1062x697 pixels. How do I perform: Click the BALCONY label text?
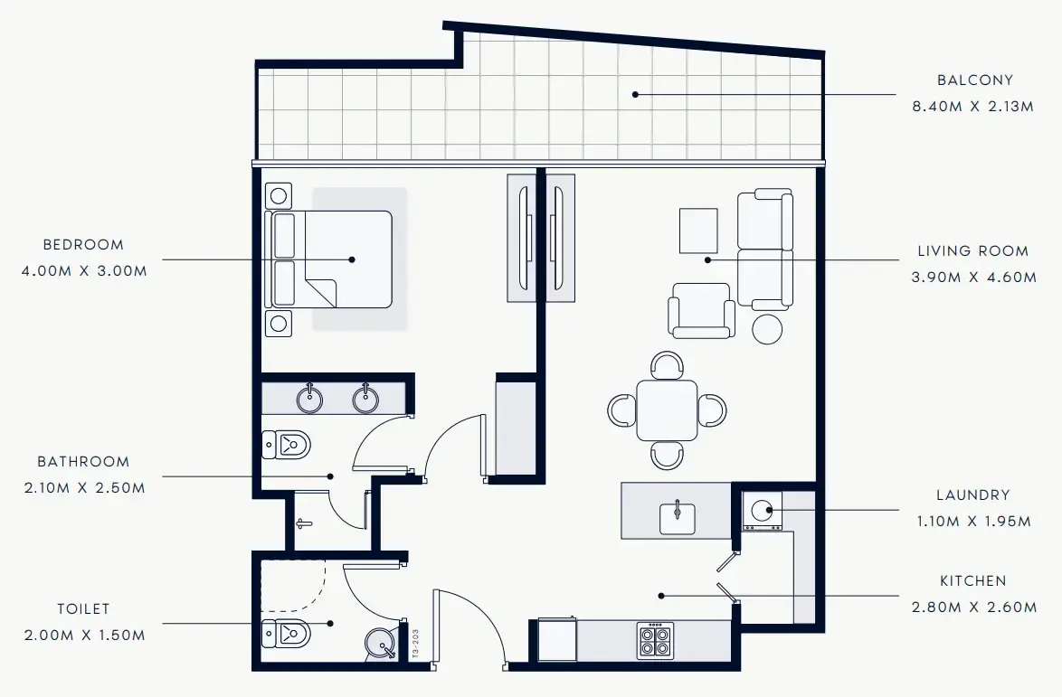tap(974, 80)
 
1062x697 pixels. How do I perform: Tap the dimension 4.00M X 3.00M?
tap(83, 270)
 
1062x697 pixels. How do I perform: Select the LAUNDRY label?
tap(972, 495)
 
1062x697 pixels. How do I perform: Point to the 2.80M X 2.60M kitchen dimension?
tap(973, 608)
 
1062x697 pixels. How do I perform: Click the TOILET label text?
tap(82, 609)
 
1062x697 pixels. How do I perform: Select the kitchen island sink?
tap(677, 518)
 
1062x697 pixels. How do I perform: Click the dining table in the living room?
tap(667, 410)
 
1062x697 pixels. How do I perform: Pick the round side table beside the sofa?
tap(768, 329)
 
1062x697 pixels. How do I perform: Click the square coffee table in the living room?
tap(698, 231)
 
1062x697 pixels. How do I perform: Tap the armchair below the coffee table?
tap(701, 309)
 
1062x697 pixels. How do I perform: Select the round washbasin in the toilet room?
tap(383, 644)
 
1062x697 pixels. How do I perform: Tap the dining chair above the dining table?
tap(668, 366)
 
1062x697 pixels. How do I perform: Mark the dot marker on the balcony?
tap(636, 94)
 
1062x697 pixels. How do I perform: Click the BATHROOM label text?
tap(83, 462)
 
